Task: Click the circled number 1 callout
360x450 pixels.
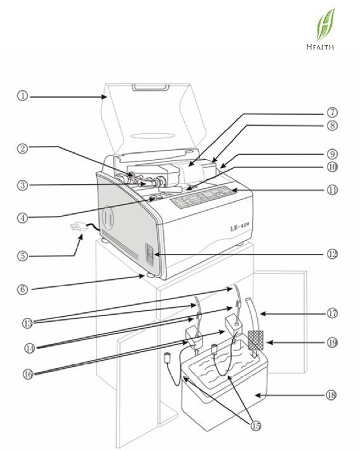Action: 23,96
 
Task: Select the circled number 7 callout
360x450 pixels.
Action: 332,112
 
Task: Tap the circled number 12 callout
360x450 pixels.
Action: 332,254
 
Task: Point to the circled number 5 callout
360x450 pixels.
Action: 23,255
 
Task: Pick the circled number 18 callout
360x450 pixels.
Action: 331,395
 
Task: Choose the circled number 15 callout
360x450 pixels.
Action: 256,426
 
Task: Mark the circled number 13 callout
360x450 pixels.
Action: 27,324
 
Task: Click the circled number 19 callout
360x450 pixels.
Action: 332,342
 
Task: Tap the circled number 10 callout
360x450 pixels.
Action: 332,167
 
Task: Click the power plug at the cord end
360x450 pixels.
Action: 78,227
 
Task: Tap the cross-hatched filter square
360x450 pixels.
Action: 255,340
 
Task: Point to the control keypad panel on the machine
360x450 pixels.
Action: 203,197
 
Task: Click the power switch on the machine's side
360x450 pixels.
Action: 150,254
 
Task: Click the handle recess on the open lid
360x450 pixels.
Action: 150,87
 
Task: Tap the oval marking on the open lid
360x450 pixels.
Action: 152,135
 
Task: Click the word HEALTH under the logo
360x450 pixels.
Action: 320,47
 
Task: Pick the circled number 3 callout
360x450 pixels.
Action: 23,185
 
